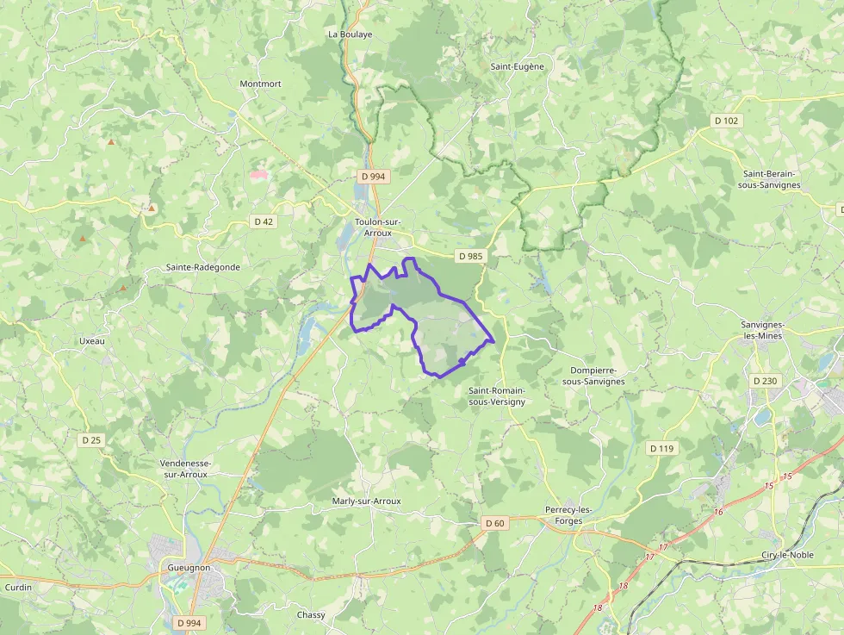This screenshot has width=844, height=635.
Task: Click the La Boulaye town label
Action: point(350,34)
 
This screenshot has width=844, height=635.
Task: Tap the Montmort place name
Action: point(260,84)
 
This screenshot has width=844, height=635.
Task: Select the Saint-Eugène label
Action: point(517,66)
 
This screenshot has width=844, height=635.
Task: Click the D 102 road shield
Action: point(726,121)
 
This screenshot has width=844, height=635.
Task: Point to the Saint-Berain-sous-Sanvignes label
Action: point(771,179)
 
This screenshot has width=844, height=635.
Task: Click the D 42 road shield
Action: point(264,221)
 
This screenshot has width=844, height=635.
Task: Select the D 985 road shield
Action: point(470,256)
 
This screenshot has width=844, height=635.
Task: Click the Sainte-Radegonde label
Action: point(203,267)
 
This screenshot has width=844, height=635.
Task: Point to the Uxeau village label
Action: point(91,340)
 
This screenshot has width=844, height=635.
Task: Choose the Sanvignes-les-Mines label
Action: point(762,330)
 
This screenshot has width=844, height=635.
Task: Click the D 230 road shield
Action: point(764,381)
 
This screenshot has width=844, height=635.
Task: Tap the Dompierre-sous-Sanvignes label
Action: point(593,376)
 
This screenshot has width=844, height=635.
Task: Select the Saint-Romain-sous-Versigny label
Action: point(497,395)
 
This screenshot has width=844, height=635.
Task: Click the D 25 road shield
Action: point(90,440)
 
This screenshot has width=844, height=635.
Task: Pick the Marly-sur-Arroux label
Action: point(366,501)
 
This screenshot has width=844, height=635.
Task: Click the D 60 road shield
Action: point(494,523)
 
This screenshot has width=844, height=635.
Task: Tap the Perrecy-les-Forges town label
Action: point(569,514)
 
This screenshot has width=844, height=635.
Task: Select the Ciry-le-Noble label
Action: point(787,555)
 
